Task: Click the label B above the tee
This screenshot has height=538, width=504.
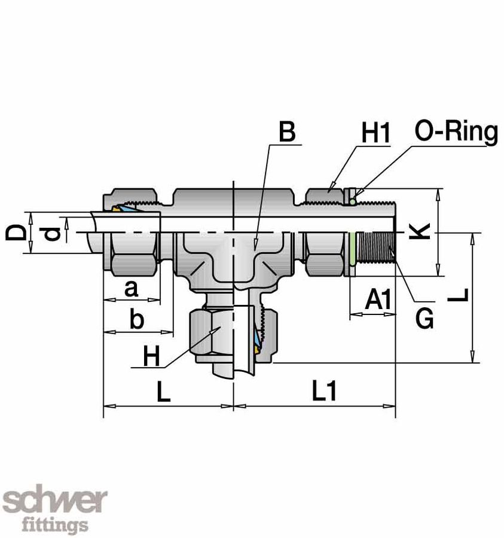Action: (287, 133)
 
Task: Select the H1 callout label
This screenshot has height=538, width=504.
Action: (375, 134)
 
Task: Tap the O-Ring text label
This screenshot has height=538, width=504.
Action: (456, 132)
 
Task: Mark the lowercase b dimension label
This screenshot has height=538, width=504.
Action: (136, 320)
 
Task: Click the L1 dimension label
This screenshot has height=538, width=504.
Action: (323, 392)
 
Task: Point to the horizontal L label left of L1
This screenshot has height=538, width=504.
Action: (163, 392)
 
